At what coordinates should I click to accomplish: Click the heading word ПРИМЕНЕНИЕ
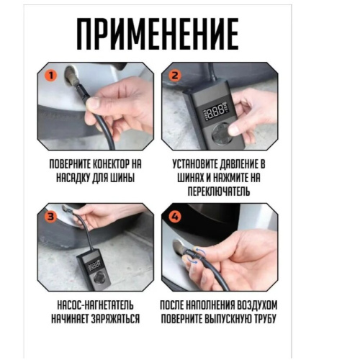pyautogui.click(x=157, y=34)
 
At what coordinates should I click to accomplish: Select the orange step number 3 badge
pyautogui.click(x=50, y=215)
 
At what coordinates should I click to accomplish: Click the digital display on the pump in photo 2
pyautogui.click(x=216, y=112)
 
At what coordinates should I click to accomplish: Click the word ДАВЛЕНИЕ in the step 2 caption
pyautogui.click(x=242, y=163)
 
